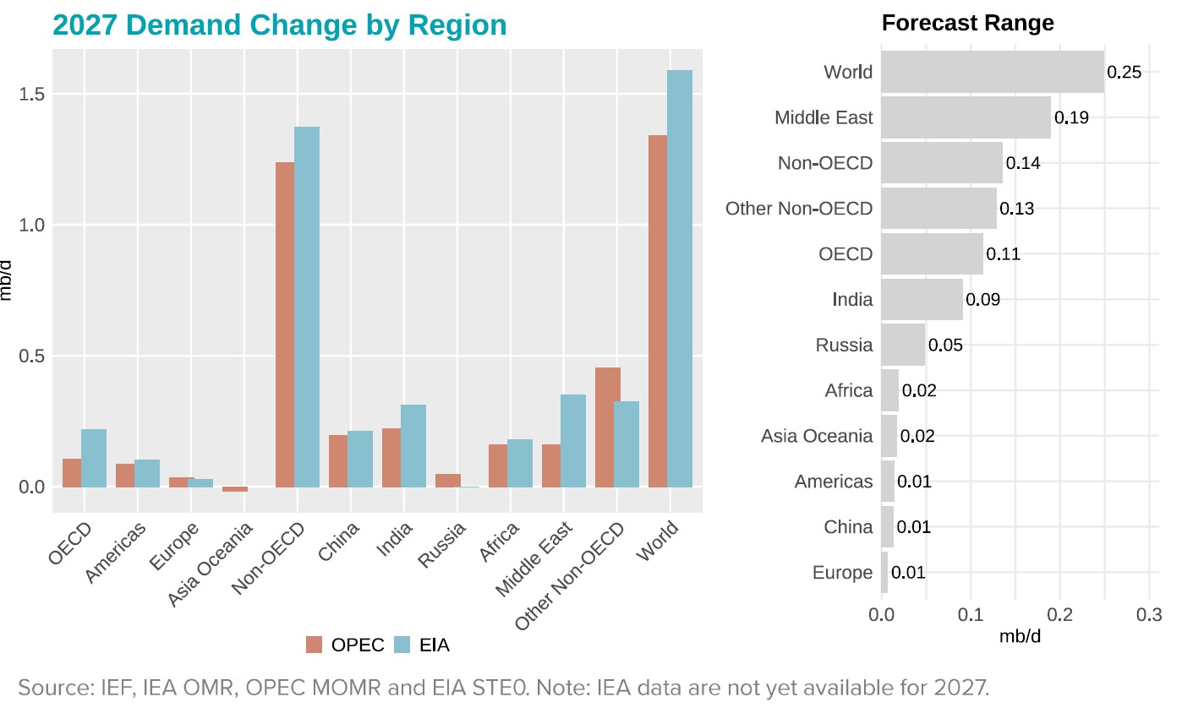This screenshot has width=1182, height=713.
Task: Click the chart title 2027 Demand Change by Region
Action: pos(279,24)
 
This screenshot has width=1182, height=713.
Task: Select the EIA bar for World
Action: pos(680,279)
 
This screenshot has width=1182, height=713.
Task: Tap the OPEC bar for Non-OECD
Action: pos(285,324)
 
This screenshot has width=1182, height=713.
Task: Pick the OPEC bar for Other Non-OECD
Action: pos(607,427)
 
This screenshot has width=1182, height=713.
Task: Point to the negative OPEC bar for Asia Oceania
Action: pos(235,489)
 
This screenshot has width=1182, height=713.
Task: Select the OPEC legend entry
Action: pos(345,645)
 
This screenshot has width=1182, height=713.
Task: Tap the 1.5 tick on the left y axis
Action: pos(31,94)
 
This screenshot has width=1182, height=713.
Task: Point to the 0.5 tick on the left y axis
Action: pos(31,356)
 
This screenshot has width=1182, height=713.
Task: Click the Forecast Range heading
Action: pos(967,23)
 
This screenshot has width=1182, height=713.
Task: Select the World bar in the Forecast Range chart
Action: pos(993,72)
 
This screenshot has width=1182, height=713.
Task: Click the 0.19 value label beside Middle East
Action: pos(1071,117)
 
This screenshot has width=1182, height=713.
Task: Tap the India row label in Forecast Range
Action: pos(851,299)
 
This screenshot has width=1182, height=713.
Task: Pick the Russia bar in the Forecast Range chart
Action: pos(903,345)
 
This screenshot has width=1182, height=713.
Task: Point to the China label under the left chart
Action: pos(339,542)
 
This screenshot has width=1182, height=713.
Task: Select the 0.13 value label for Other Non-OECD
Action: pos(1017,209)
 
